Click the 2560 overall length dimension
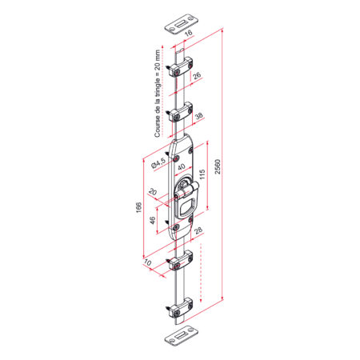[x=218, y=166]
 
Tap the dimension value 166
[x=139, y=207]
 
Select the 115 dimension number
[x=202, y=174]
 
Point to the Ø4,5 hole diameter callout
[x=158, y=163]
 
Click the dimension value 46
[x=152, y=220]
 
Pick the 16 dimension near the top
[x=188, y=33]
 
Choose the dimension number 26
[x=197, y=75]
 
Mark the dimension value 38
[x=199, y=116]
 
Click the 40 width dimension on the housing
[x=182, y=166]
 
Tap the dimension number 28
[x=198, y=230]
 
